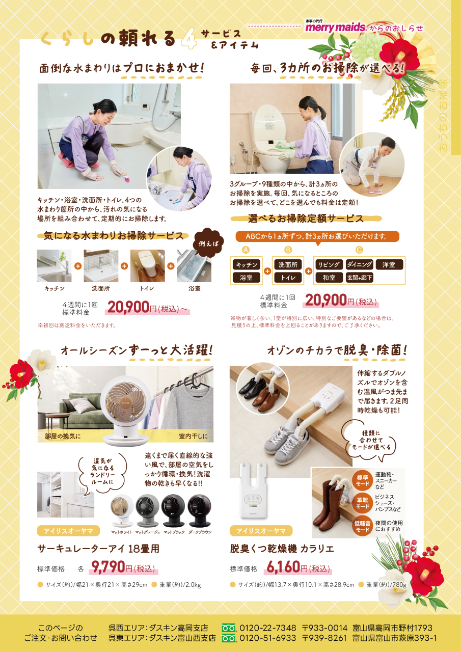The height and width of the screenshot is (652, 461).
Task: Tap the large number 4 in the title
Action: [x=189, y=39]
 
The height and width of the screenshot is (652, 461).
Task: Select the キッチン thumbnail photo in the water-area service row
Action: [x=54, y=266]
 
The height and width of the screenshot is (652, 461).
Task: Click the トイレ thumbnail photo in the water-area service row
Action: [x=147, y=266]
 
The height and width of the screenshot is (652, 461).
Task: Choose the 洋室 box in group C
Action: [x=389, y=265]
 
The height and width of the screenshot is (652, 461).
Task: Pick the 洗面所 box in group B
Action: [x=288, y=265]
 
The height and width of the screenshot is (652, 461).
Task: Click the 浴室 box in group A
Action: [x=247, y=278]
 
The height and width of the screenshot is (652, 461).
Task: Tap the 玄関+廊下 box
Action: [x=359, y=278]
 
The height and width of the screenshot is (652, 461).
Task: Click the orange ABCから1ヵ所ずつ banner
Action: [x=317, y=236]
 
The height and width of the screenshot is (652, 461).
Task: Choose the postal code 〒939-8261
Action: [x=324, y=638]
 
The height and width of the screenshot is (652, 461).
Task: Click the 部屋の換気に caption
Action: [x=63, y=437]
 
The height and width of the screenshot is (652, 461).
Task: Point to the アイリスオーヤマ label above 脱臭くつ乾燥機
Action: [x=261, y=531]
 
